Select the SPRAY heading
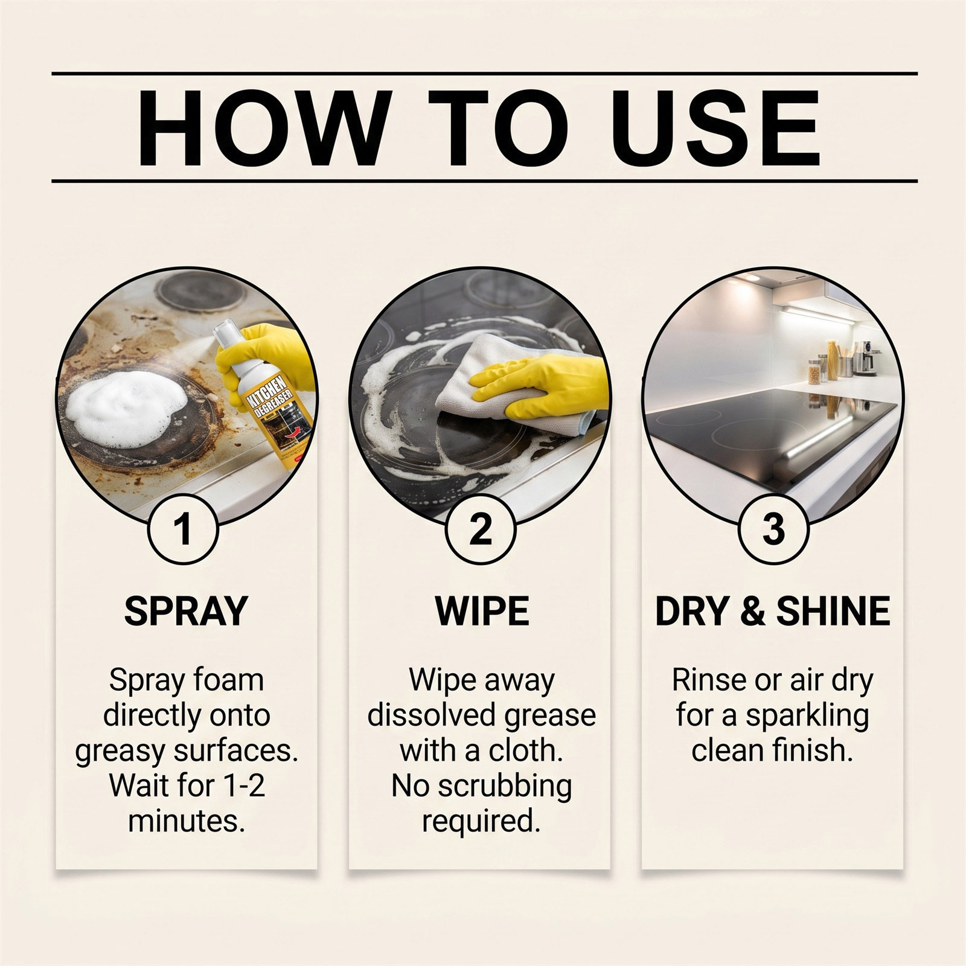point(186,611)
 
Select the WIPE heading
point(482,611)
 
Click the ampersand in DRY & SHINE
point(752,611)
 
